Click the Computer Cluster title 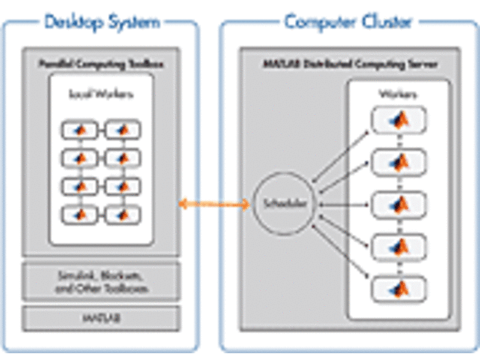[348, 22]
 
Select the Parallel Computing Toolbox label [101, 64]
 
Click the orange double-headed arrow [214, 202]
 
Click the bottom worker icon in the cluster [397, 286]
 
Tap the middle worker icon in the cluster [397, 203]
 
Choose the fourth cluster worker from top [397, 244]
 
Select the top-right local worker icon [122, 130]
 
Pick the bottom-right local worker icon [122, 214]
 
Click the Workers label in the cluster [397, 96]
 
